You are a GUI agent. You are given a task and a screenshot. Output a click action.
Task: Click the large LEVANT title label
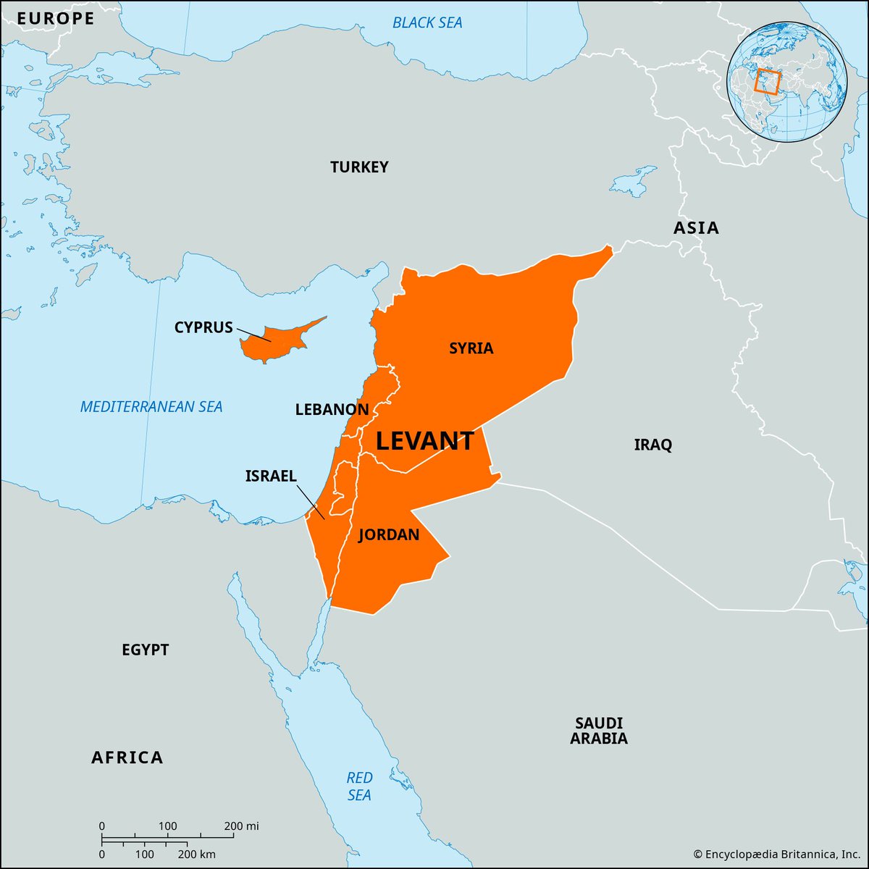coord(425,441)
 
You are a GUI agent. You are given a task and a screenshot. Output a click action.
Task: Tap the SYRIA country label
coord(471,348)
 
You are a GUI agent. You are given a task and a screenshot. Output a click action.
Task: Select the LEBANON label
coord(332,410)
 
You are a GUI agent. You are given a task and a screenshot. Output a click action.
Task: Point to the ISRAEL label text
coord(271,476)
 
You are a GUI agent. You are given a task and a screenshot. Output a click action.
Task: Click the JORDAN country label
coord(389,535)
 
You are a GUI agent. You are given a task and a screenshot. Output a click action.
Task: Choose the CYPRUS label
coord(203,327)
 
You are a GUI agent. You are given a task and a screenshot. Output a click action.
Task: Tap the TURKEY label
coord(359,167)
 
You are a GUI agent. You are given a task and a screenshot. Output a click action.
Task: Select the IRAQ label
coord(652,445)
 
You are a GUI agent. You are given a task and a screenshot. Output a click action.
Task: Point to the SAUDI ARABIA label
coord(598,731)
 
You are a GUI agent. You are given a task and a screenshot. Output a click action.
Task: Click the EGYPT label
coord(145,650)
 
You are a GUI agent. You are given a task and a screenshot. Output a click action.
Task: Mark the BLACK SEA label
coord(427,22)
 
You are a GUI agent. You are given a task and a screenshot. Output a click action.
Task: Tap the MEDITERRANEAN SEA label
coord(151,407)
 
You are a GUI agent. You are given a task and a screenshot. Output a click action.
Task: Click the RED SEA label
coord(359,786)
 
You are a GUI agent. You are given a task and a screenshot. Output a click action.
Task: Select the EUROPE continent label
coord(56,19)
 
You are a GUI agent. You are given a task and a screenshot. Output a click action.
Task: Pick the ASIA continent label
coord(696,228)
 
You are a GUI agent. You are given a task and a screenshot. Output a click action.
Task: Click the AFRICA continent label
coord(127,757)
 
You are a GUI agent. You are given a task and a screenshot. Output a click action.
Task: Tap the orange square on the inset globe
coord(767,80)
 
